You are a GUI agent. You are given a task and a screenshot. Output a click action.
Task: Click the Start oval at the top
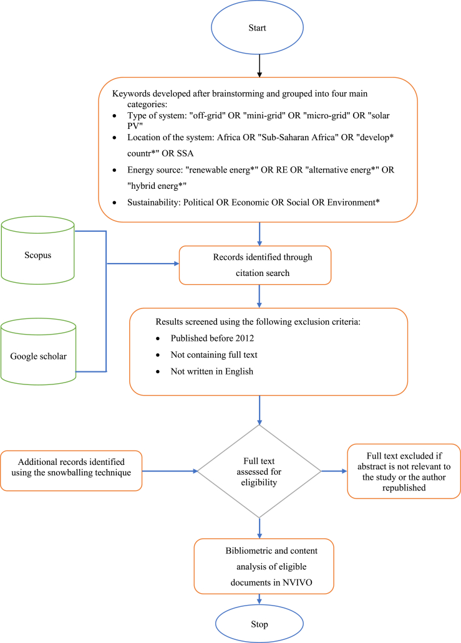point(258,28)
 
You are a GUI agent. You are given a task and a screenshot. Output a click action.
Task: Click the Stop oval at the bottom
point(258,623)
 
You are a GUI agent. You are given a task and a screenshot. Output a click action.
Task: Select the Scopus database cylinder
point(38,255)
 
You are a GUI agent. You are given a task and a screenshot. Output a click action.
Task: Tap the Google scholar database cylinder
point(38,356)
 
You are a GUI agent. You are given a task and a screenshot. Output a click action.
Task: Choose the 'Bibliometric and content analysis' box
point(263,566)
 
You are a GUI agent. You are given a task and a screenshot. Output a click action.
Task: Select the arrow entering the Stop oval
point(258,599)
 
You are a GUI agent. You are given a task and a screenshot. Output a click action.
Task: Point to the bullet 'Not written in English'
point(211,371)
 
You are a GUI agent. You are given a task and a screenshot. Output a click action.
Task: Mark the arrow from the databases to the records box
point(143,263)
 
